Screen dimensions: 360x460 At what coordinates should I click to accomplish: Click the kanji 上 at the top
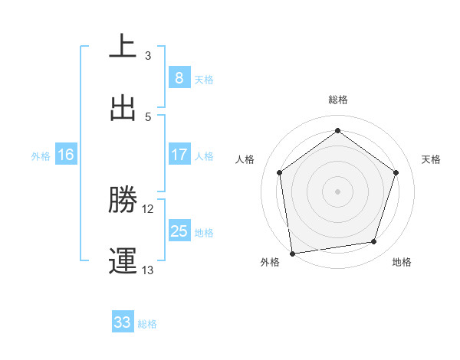(x=123, y=46)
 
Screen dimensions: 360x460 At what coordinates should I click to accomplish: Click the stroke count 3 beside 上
(x=148, y=56)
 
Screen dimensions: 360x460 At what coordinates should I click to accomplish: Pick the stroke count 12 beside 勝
(x=148, y=209)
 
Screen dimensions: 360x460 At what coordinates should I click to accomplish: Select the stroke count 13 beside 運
(x=148, y=270)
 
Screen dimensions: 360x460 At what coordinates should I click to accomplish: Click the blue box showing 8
(x=179, y=77)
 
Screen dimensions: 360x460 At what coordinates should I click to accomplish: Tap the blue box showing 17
(x=179, y=154)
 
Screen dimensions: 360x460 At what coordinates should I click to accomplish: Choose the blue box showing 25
(x=179, y=231)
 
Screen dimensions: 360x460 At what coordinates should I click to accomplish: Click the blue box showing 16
(x=66, y=155)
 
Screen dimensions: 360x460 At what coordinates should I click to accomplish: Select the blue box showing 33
(x=123, y=322)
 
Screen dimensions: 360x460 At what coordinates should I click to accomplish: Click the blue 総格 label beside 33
(x=147, y=324)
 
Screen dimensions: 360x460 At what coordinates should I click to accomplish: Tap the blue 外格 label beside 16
(x=41, y=155)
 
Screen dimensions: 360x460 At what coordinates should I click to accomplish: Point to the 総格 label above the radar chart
(x=337, y=100)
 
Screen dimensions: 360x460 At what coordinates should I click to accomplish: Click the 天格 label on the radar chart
(x=431, y=159)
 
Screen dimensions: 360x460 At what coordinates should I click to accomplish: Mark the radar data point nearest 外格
(x=292, y=253)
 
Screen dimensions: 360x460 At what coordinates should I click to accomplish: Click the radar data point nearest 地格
(x=374, y=242)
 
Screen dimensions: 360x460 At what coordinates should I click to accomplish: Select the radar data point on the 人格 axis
(x=279, y=172)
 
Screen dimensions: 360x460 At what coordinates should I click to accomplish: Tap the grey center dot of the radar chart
(x=337, y=191)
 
